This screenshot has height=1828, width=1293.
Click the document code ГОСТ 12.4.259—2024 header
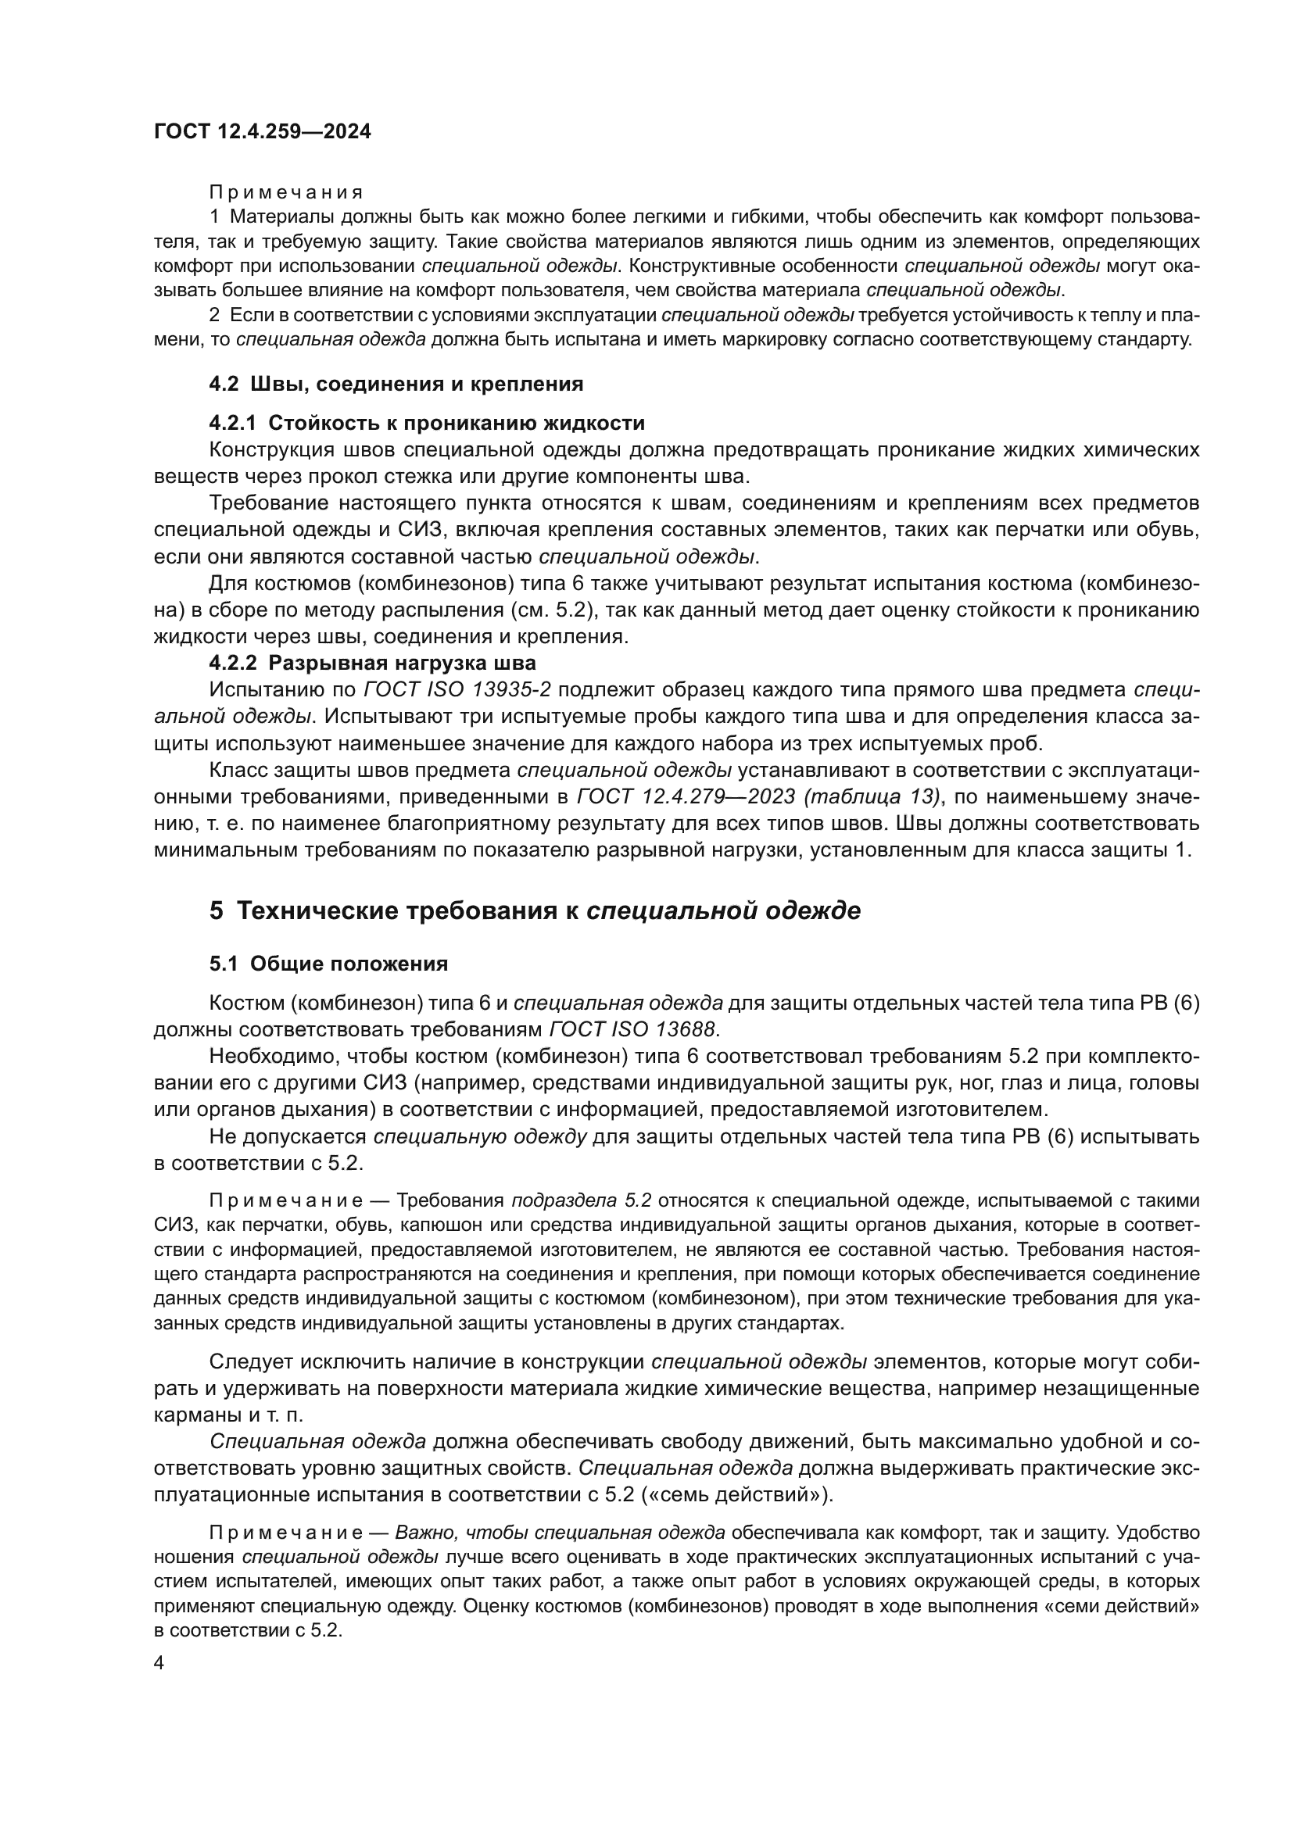point(262,132)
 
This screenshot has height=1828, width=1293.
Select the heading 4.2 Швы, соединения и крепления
point(396,384)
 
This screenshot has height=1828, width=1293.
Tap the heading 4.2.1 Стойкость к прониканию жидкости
point(427,423)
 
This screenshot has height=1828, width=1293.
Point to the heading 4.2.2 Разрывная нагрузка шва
point(373,664)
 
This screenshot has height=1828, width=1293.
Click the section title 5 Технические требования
point(535,910)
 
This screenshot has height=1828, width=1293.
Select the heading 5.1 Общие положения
point(328,964)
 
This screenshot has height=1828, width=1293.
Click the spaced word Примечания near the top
point(286,192)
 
